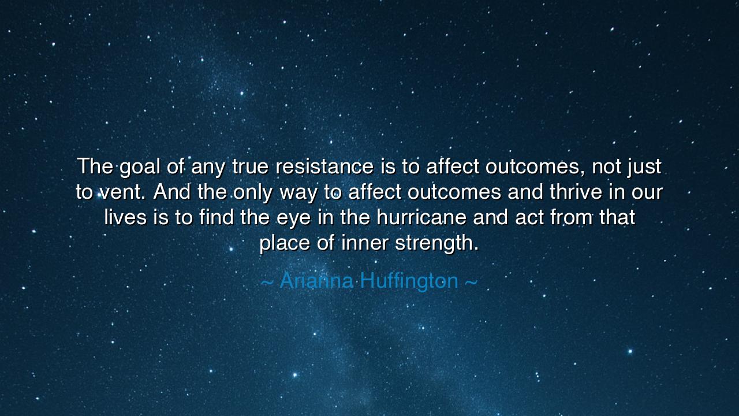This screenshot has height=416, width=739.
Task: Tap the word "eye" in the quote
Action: point(309,218)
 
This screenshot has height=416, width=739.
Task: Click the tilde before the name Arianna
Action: point(267,283)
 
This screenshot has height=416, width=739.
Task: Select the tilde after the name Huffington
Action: point(471,283)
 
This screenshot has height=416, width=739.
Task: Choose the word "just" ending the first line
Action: point(643,168)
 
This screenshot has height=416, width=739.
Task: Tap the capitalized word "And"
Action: point(172,192)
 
